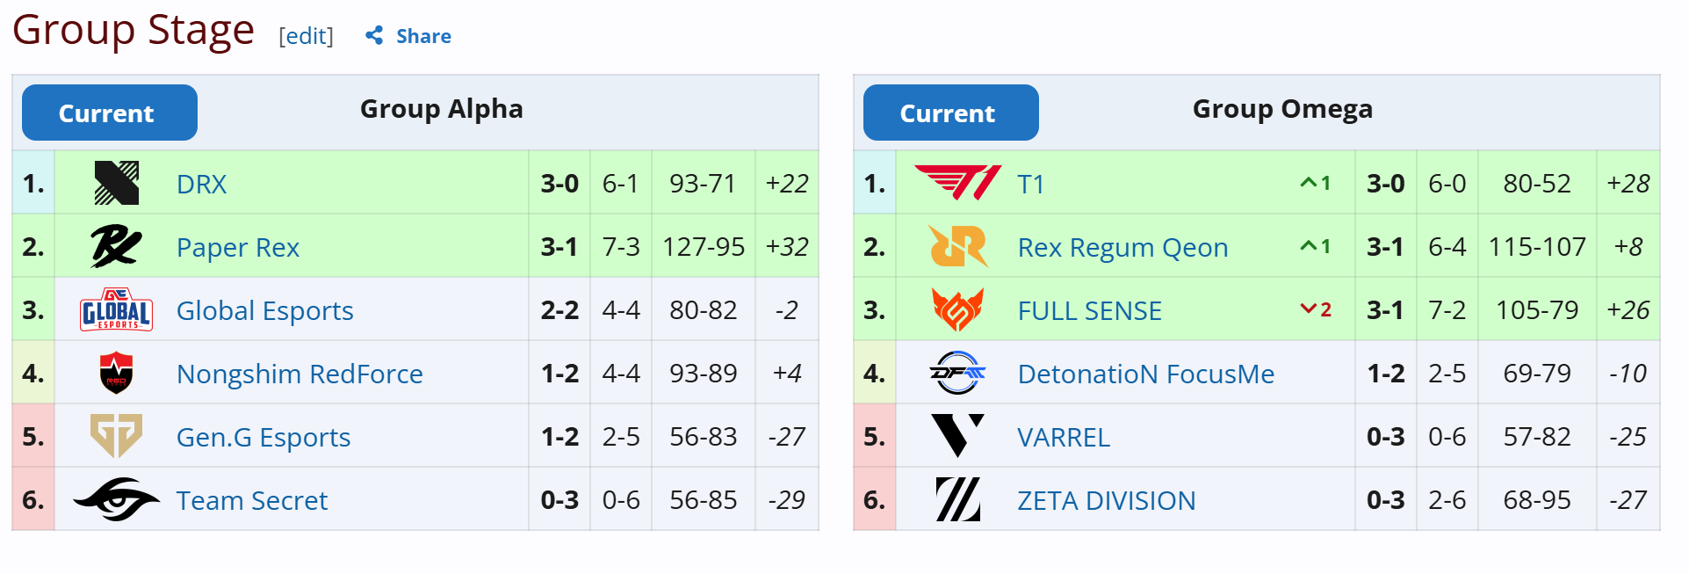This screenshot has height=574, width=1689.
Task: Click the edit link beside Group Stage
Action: coord(306,36)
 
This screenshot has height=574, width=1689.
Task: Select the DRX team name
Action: coord(201,184)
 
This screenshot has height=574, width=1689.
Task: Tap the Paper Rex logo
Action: coord(116,247)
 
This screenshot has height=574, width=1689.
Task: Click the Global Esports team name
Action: coord(264,310)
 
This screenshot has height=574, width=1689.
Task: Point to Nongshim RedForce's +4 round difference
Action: coord(786,374)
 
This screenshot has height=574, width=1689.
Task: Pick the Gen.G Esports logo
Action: coord(116,437)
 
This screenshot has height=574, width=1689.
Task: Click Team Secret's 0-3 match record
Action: coord(559,500)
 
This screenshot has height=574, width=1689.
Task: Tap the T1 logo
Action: coord(957,184)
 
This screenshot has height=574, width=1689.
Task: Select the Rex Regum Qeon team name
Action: coord(1122,247)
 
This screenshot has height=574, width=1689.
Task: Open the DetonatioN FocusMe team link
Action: coord(1145,374)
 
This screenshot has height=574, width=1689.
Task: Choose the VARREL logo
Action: coord(957,437)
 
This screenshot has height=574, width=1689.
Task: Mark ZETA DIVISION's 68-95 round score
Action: coord(1537,500)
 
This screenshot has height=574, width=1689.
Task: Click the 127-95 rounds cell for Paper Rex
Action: coord(704,247)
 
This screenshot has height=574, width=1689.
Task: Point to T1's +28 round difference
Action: coord(1628,184)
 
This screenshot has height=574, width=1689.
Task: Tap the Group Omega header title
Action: coord(1282,109)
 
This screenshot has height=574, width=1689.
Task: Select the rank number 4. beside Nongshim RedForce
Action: coord(33,374)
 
